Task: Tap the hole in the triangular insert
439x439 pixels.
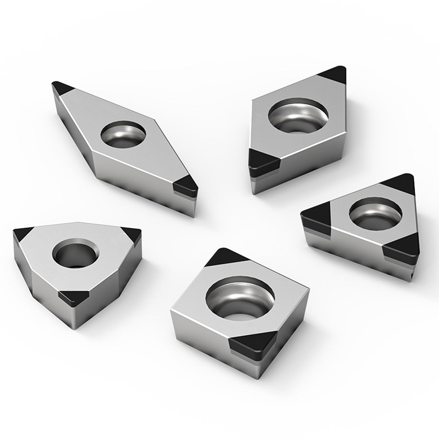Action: [376, 213]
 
